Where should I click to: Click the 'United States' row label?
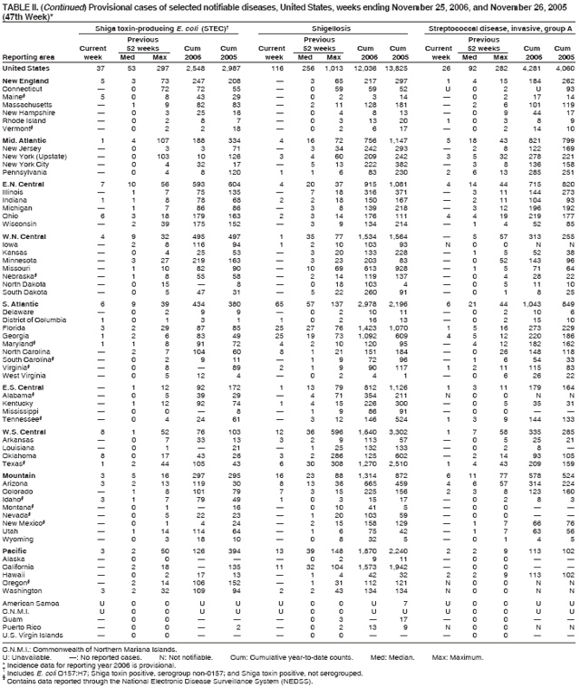[25, 67]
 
